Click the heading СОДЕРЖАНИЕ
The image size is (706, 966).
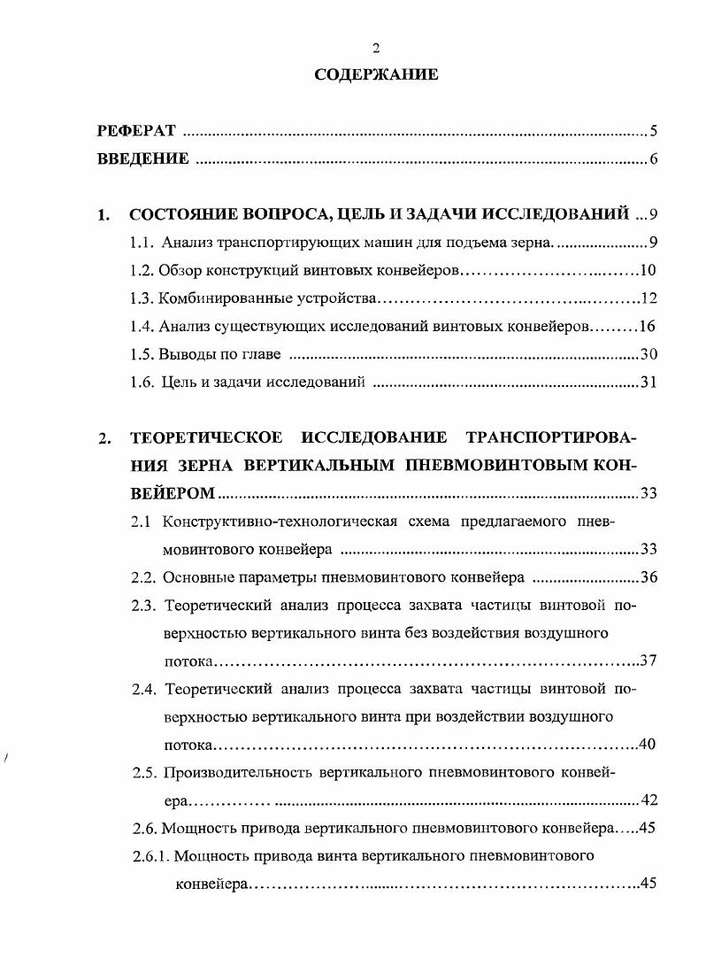point(376,75)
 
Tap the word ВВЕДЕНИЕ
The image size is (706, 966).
point(142,159)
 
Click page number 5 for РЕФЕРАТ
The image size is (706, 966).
point(653,132)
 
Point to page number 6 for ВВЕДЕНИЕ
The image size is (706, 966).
point(653,159)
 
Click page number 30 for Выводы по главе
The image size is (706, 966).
point(648,355)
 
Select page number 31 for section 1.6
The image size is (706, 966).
point(648,383)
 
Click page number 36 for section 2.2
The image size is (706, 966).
point(648,578)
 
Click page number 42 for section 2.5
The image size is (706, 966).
point(648,800)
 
